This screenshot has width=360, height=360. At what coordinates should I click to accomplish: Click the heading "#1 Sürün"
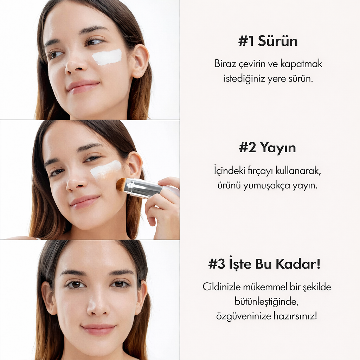click(268, 41)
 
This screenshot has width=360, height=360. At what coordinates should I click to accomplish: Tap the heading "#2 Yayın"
click(267, 148)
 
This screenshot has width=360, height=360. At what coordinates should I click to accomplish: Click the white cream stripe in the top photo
click(107, 57)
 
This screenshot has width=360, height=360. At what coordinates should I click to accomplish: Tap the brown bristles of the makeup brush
click(121, 184)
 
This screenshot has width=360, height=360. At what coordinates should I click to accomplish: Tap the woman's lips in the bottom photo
click(98, 329)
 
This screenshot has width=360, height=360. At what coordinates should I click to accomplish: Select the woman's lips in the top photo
click(83, 86)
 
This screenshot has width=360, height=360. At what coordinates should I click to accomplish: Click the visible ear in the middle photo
click(135, 165)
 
